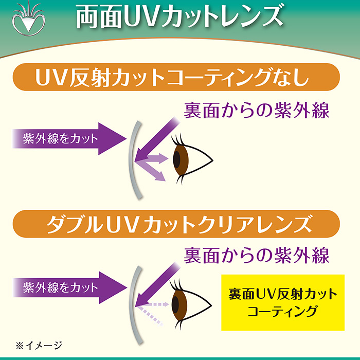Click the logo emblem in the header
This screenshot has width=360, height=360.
point(28,19)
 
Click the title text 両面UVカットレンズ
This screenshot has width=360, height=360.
point(179,17)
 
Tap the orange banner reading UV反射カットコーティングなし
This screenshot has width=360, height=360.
point(176,77)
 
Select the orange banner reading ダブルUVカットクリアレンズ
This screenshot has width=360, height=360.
point(176,224)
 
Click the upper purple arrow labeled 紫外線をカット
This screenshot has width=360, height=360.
point(69,139)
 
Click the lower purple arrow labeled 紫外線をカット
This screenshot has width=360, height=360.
point(69,287)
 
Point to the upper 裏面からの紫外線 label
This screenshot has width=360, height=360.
point(257,111)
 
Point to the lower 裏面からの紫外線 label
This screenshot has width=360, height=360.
point(257,255)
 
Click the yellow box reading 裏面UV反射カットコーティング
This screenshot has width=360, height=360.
point(283,302)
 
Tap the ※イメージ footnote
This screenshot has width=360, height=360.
point(39,345)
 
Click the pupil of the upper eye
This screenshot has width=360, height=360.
point(177,159)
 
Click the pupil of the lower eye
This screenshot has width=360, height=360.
point(176,304)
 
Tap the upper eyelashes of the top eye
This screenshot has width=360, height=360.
point(177,139)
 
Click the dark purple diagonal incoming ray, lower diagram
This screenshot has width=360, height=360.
point(157,285)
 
